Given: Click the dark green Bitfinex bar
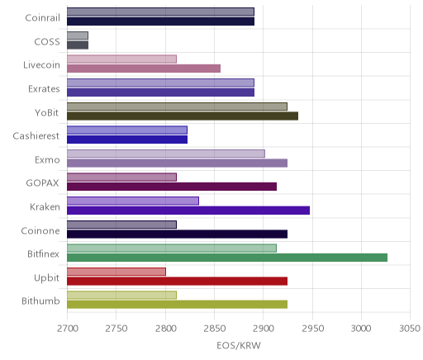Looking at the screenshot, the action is (227, 258).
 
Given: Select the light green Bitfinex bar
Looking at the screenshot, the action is (172, 248).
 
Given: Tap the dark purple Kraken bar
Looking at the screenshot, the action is (188, 211).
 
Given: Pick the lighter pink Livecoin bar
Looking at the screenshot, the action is (121, 59).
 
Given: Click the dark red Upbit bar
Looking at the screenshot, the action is (177, 282).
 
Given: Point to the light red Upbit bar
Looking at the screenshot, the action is (116, 272).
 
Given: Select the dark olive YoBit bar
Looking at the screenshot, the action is (183, 116).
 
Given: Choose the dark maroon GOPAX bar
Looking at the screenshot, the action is (172, 187).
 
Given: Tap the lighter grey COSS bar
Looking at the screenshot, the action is (78, 36).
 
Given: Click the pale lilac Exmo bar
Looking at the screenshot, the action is (166, 154).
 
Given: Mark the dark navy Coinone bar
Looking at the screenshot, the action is (177, 234).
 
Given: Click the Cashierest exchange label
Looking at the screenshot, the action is (36, 136).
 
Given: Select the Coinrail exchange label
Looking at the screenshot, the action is (42, 18).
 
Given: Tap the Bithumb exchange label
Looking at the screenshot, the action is (40, 301).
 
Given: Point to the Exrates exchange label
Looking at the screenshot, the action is (44, 89).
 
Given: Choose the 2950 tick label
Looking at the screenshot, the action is (312, 329).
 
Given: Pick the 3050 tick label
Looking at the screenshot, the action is (410, 329).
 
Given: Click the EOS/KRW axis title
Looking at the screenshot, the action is (239, 346).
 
